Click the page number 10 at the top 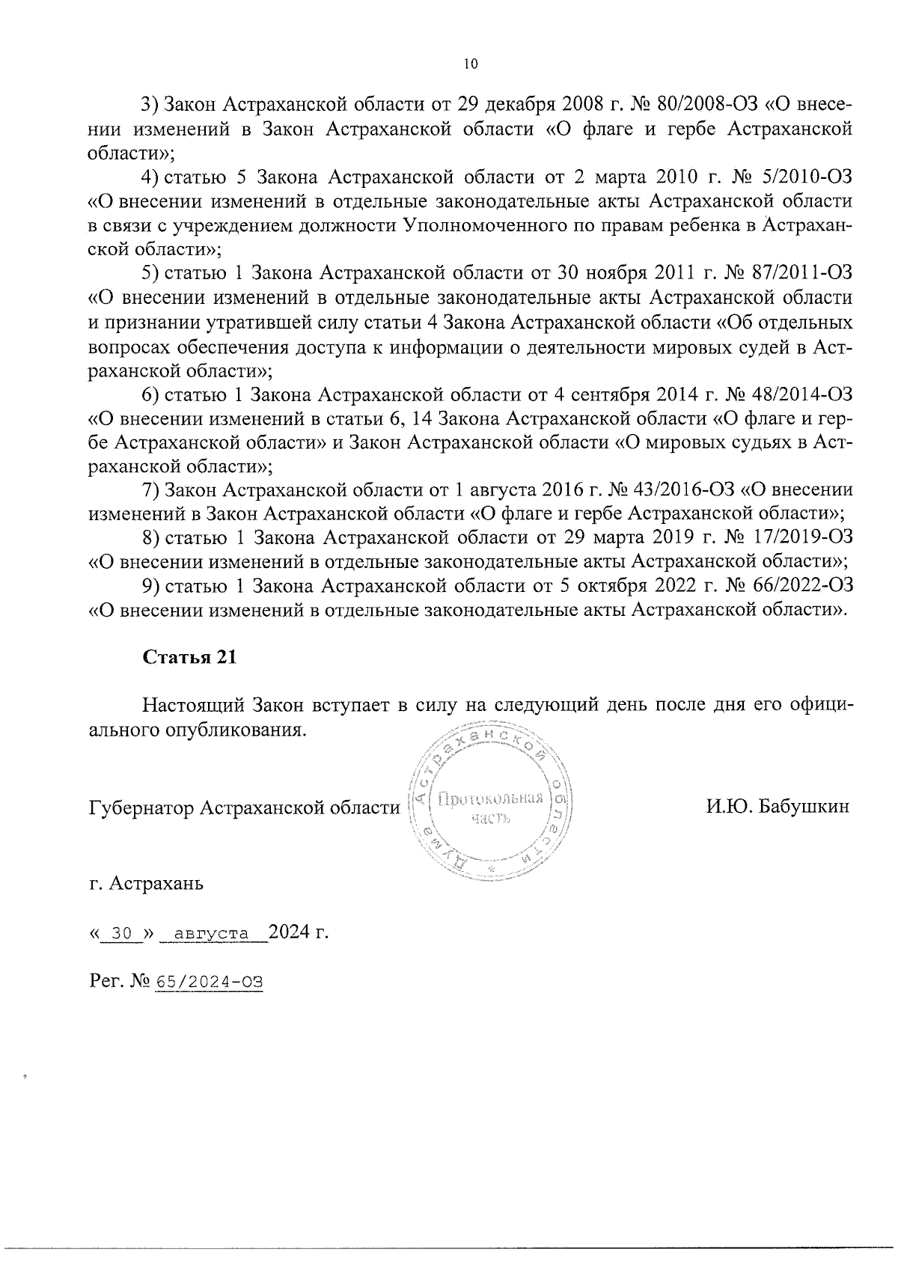469,64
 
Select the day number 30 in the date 120,934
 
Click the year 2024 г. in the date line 299,932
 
